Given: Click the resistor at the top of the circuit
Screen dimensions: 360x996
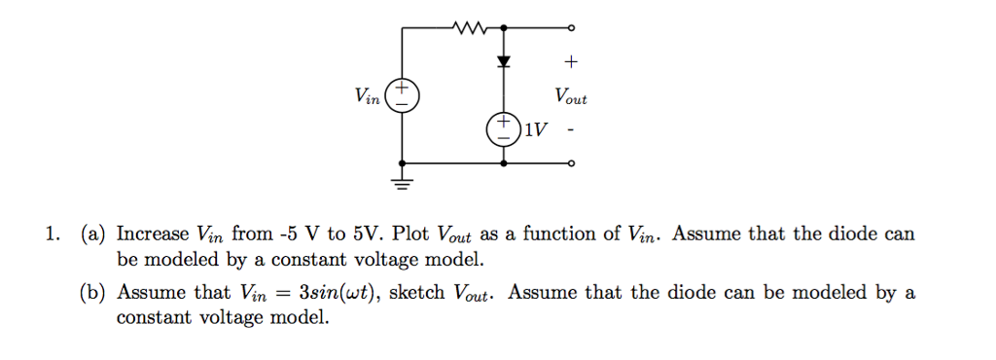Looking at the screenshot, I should coord(469,27).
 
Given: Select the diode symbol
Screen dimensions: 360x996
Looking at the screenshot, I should coord(504,61).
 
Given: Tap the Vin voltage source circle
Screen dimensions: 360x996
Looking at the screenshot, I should coord(403,95).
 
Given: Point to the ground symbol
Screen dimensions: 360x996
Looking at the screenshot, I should coord(403,180).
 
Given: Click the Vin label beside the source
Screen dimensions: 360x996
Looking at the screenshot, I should coord(369,95).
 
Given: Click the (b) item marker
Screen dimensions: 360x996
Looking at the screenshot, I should coord(93,292).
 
